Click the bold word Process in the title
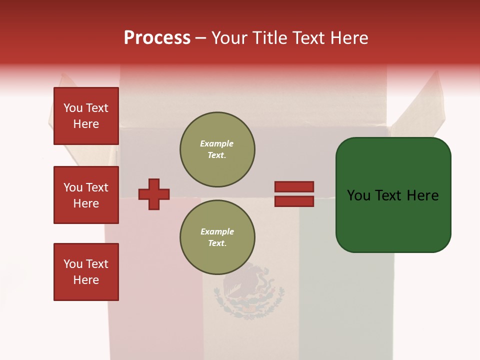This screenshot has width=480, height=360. point(157,38)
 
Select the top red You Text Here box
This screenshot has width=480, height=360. point(86,116)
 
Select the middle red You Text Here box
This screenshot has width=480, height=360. point(86,195)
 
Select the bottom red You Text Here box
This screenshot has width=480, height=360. point(86,272)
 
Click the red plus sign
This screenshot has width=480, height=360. point(154,194)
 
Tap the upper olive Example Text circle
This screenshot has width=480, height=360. point(217,149)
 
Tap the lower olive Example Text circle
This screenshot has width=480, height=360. point(217,237)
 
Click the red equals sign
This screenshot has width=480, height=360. point(294,194)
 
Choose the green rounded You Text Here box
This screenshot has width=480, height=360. point(393,195)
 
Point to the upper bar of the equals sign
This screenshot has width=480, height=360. point(294,187)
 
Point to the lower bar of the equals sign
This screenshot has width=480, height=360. point(294,201)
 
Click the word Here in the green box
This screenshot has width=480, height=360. point(422,195)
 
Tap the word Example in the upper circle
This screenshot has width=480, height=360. point(217,143)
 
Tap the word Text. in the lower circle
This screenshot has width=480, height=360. point(217,243)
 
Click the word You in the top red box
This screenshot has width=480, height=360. point(73,108)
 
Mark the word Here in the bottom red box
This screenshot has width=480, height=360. point(86,280)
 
